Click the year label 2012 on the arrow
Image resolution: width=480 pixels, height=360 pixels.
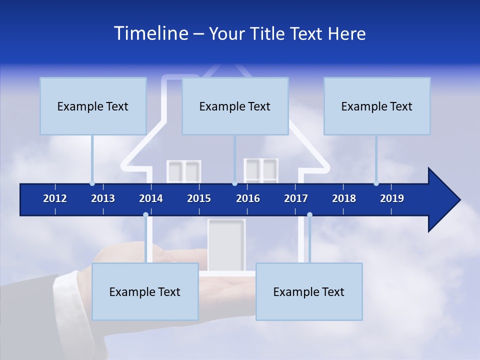[x=55, y=198]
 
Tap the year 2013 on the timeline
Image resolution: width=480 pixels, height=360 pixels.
[x=103, y=198]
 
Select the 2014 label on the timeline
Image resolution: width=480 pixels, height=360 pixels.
[x=151, y=198]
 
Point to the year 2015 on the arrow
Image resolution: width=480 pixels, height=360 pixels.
[x=199, y=198]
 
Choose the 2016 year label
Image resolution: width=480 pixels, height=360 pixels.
[x=248, y=198]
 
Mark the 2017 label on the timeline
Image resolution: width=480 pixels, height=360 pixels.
[x=296, y=198]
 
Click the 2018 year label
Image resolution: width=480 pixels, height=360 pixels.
[x=344, y=198]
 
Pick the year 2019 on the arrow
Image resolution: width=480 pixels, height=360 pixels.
[x=392, y=198]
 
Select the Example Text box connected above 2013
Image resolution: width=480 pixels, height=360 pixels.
[x=93, y=106]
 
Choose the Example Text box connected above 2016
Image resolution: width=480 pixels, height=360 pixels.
[x=235, y=106]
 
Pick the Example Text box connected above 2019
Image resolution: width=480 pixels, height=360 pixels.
[x=377, y=106]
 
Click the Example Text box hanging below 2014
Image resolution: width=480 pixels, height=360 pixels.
[x=145, y=291]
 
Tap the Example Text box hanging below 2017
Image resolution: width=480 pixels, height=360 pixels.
[x=309, y=291]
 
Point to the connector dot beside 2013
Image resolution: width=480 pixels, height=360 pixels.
[x=92, y=183]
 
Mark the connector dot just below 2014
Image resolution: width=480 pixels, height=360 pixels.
[x=145, y=215]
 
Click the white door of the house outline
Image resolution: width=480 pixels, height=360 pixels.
[x=226, y=245]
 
